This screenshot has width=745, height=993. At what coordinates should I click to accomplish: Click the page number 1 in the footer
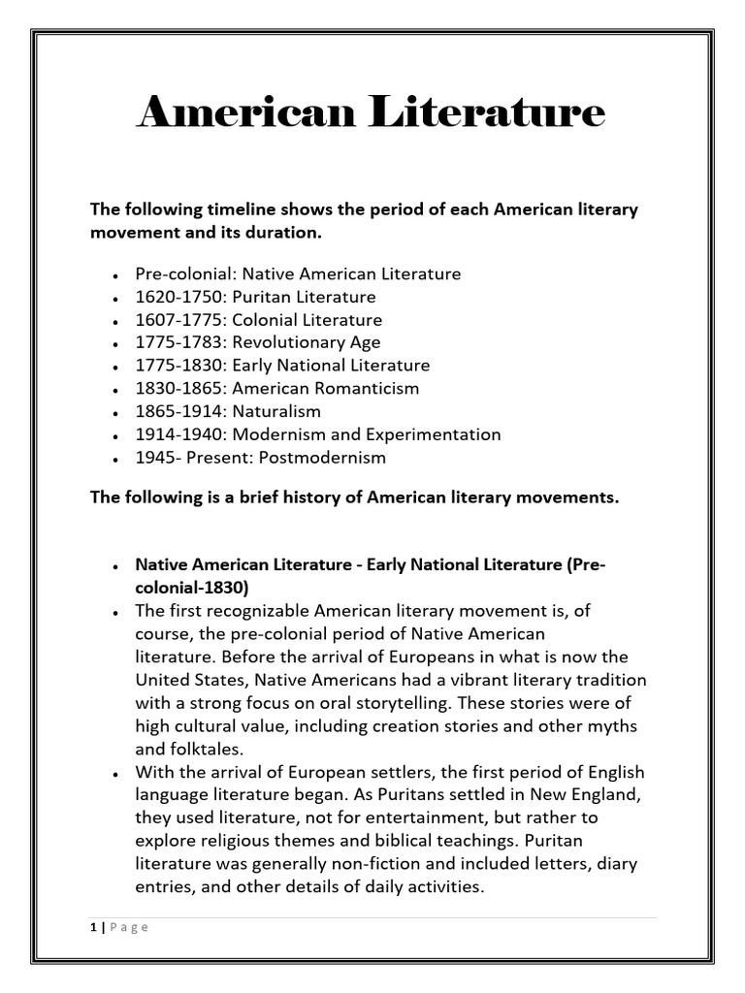tap(93, 927)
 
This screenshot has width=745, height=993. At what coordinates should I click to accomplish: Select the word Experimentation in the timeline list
tap(437, 434)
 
